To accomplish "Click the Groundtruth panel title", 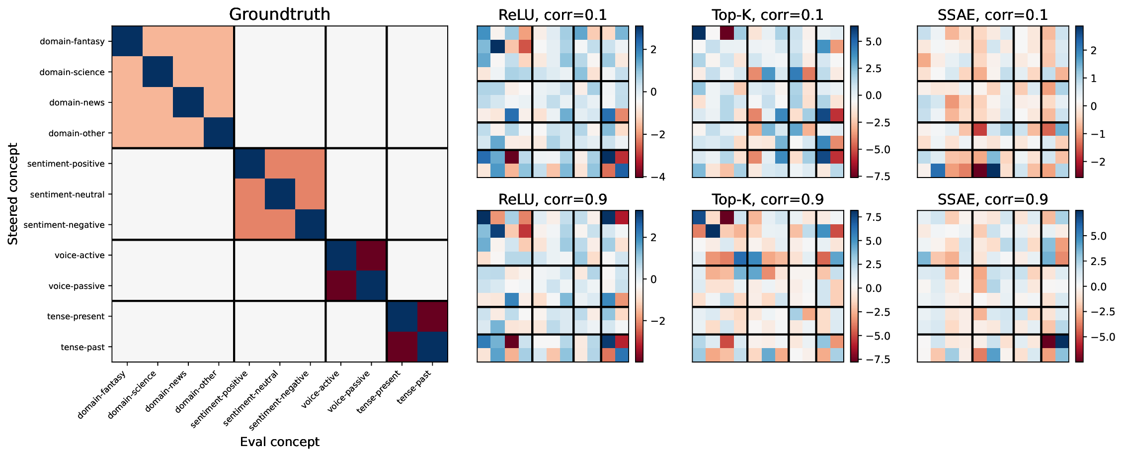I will (279, 14).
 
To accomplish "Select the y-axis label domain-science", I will (72, 72).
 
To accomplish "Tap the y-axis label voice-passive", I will (77, 286).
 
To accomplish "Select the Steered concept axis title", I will (13, 194).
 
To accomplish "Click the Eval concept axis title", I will (279, 442).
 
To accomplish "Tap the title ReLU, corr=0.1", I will (553, 15).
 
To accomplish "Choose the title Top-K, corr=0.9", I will (767, 199).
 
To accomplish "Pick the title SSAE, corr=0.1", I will (992, 15).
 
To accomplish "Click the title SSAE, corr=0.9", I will (992, 199).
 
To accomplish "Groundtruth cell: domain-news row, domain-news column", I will (188, 102).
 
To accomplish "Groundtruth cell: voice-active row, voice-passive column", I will (371, 255).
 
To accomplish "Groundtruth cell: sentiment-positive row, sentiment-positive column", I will (249, 164).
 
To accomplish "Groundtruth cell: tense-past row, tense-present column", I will (402, 347).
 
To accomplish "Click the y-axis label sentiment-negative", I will (64, 225).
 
